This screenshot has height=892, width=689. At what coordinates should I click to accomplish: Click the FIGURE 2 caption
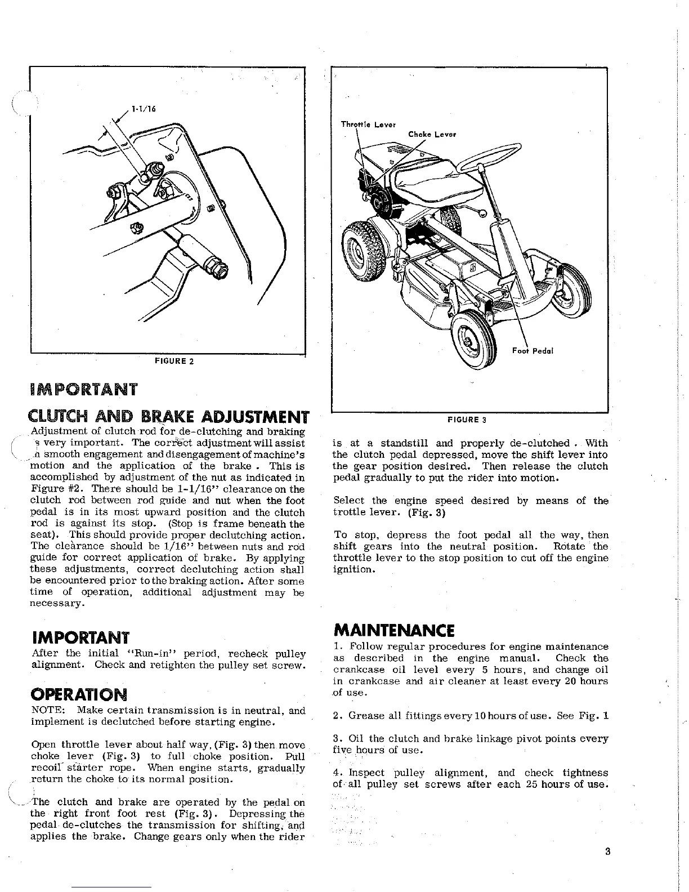(x=174, y=361)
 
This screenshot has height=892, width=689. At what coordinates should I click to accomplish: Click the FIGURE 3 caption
(x=467, y=420)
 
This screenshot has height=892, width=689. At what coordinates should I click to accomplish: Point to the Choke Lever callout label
(x=432, y=134)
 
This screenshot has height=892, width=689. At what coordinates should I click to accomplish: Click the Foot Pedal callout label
(x=533, y=350)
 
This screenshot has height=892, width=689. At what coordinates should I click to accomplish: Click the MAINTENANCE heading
(x=394, y=629)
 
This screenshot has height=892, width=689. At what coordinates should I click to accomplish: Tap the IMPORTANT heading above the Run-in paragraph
(x=81, y=638)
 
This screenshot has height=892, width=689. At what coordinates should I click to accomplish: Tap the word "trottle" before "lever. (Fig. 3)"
(x=350, y=512)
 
